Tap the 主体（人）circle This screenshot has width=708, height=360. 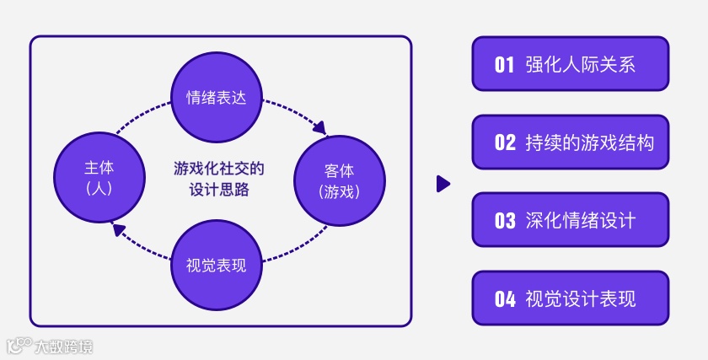[x=99, y=180]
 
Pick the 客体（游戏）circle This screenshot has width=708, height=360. [x=340, y=180]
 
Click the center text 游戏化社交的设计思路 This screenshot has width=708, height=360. [x=219, y=179]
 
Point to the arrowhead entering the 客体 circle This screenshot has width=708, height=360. [x=320, y=130]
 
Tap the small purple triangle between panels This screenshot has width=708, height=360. [x=442, y=184]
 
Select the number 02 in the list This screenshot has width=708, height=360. [x=504, y=142]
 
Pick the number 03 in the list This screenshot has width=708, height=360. [x=504, y=221]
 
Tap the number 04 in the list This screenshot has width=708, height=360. [x=504, y=298]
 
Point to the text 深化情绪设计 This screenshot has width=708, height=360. [x=580, y=221]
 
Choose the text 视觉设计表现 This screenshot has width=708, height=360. [x=580, y=298]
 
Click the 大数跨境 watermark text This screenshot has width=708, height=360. [x=64, y=346]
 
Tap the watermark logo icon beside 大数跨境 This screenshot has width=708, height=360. [x=19, y=345]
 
